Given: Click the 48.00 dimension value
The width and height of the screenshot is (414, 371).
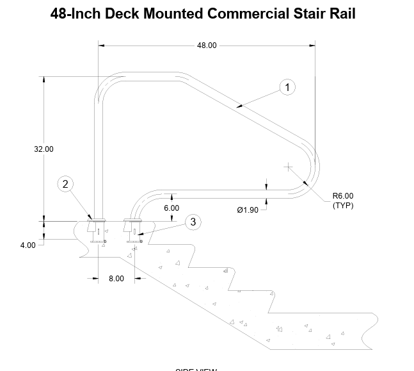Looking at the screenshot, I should pyautogui.click(x=206, y=45).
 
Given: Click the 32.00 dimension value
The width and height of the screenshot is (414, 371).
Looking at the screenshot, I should pyautogui.click(x=44, y=149).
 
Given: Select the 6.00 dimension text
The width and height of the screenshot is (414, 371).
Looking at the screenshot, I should pyautogui.click(x=171, y=208).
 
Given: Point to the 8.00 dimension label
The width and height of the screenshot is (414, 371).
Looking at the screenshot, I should pyautogui.click(x=116, y=278).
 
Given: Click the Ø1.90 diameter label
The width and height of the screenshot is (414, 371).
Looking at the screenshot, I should pyautogui.click(x=247, y=210).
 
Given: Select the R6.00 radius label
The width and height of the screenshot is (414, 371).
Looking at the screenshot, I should pyautogui.click(x=342, y=197).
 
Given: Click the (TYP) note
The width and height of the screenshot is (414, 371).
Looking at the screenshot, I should pyautogui.click(x=342, y=206).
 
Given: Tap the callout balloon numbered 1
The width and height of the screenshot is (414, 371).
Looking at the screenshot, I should pyautogui.click(x=288, y=87).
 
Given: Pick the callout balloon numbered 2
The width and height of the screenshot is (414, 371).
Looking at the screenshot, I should pyautogui.click(x=65, y=185).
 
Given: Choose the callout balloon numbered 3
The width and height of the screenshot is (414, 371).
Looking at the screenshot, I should pyautogui.click(x=193, y=222).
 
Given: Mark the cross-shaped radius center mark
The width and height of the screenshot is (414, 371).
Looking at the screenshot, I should pyautogui.click(x=289, y=167).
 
